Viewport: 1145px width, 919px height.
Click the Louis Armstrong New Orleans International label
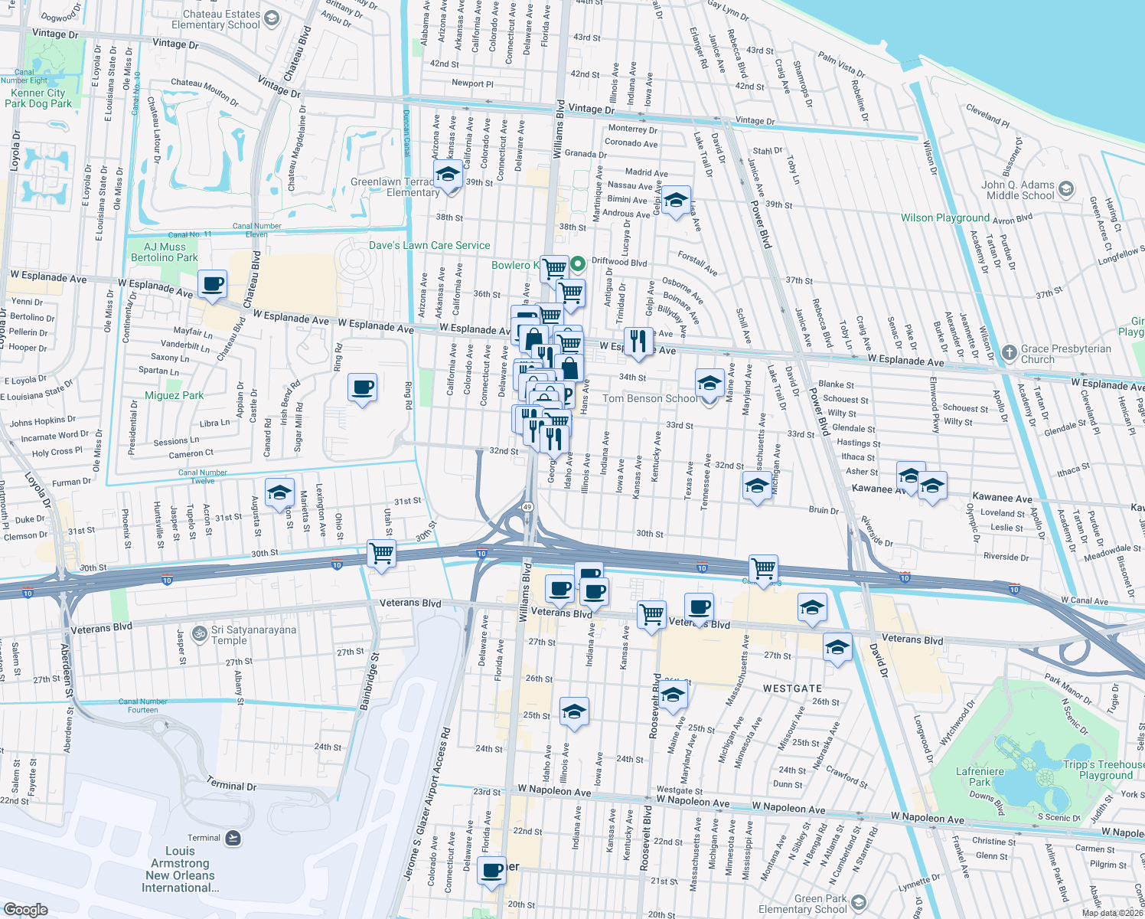tap(180, 869)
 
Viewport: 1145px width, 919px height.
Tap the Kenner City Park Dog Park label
tap(38, 98)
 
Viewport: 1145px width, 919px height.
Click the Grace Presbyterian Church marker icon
tap(1010, 352)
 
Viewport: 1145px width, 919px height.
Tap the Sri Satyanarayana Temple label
tap(253, 635)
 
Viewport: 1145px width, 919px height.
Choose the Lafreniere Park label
tap(980, 777)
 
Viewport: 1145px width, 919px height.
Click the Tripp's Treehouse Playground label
tap(1103, 770)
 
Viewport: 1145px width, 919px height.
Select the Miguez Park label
tap(175, 395)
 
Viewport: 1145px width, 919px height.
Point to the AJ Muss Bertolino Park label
tap(165, 252)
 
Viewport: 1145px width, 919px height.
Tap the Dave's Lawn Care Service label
tap(429, 245)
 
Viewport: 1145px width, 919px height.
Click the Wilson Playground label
tap(945, 217)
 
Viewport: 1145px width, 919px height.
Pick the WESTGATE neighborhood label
tap(792, 688)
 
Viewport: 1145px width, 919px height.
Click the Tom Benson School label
tap(651, 398)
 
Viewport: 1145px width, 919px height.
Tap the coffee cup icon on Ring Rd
tap(362, 387)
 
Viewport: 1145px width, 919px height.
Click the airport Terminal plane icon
tap(233, 838)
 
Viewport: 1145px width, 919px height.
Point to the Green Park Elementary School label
tap(802, 904)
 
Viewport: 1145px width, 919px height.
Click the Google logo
tap(25, 909)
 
